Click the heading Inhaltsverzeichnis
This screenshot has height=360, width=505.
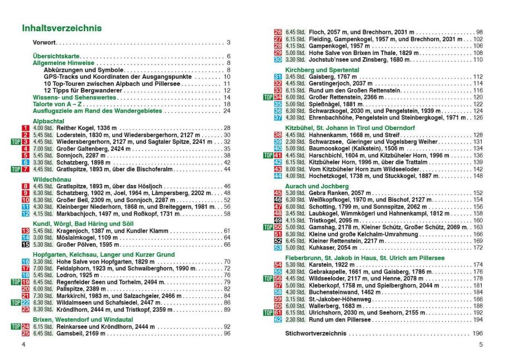click(62, 28)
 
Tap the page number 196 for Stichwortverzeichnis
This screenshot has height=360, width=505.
click(477, 333)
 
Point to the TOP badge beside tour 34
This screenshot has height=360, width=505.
click(268, 97)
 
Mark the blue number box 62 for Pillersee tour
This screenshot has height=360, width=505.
click(278, 319)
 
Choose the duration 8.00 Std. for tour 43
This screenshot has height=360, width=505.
click(296, 169)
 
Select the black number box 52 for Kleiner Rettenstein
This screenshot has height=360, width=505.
click(278, 241)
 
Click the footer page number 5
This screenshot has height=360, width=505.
click(481, 345)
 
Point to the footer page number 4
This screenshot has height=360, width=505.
click(23, 345)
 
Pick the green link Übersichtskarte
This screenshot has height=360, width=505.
click(57, 56)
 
